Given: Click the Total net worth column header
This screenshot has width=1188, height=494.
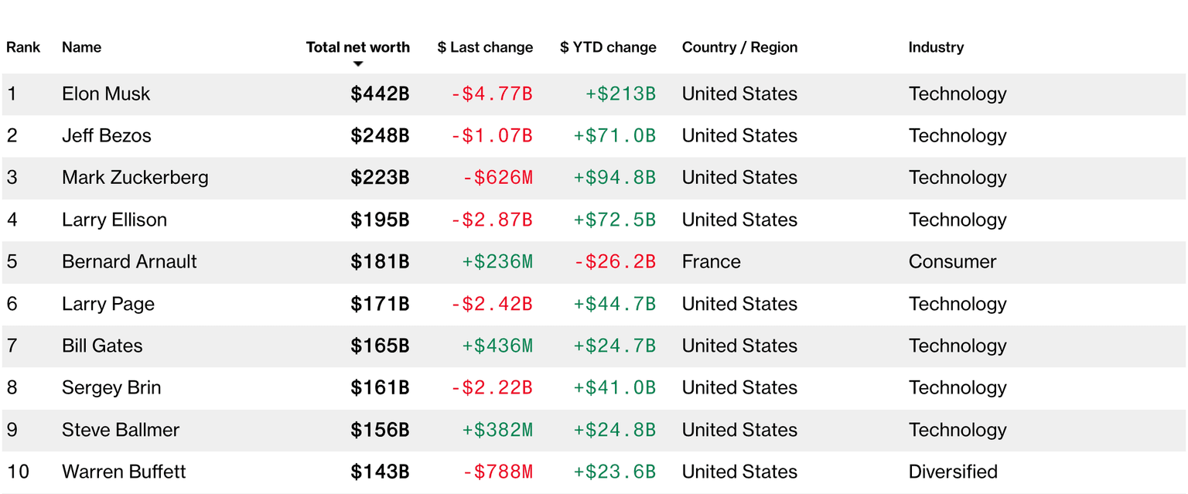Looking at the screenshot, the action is [358, 47].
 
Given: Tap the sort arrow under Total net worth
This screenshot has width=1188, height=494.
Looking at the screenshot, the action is [358, 64].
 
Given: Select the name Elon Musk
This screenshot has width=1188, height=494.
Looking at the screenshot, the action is [106, 94].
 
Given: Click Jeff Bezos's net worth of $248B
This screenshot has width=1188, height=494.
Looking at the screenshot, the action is [380, 136].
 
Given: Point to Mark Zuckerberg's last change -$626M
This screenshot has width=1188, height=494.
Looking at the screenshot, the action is [497, 178].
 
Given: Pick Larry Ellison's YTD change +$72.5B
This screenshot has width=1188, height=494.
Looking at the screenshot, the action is [615, 220].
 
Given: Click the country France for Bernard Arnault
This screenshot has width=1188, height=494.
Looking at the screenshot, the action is [712, 262].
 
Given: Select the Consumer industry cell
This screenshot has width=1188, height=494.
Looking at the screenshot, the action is [953, 262].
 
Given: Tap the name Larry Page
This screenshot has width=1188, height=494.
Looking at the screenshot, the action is [108, 305].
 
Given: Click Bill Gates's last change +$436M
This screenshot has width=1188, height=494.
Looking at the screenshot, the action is [497, 346].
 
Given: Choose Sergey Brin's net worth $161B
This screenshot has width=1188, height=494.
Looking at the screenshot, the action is [380, 388].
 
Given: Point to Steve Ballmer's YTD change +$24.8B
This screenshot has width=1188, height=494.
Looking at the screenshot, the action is [615, 430].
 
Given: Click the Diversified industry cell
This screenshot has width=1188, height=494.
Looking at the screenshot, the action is [953, 472].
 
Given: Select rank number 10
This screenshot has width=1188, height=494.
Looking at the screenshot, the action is [18, 472].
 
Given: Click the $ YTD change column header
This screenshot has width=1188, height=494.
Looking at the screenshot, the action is [609, 47].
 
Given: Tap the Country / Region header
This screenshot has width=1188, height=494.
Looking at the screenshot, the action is [740, 47].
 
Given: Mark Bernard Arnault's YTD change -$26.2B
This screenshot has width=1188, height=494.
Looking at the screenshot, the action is [615, 262].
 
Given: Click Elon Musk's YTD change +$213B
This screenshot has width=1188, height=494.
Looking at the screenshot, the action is [620, 94].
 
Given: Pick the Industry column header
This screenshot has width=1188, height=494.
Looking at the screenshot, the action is [936, 47].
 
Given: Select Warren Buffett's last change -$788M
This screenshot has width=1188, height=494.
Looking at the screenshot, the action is [497, 472].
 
